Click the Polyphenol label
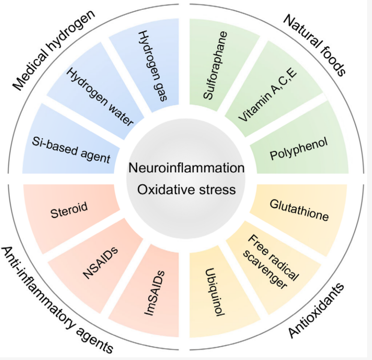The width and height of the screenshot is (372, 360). [299, 149]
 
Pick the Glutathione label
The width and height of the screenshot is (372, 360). [299, 211]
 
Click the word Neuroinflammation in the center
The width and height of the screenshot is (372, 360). [186, 168]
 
